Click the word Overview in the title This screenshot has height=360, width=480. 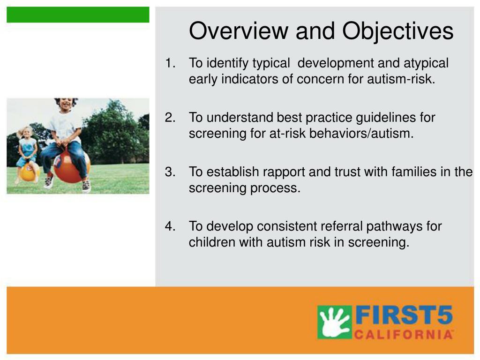click(x=239, y=30)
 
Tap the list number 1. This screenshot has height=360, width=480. click(x=170, y=63)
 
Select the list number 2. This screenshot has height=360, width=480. click(x=170, y=118)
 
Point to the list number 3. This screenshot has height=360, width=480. click(x=170, y=172)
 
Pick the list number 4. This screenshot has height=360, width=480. click(x=170, y=226)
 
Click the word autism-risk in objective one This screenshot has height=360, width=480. click(x=401, y=79)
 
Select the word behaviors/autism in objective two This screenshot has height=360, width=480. click(x=361, y=134)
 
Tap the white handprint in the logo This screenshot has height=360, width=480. click(x=334, y=322)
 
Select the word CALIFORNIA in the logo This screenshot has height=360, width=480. click(x=404, y=334)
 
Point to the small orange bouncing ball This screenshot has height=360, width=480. click(x=28, y=172)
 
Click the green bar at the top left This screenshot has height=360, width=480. click(x=78, y=15)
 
